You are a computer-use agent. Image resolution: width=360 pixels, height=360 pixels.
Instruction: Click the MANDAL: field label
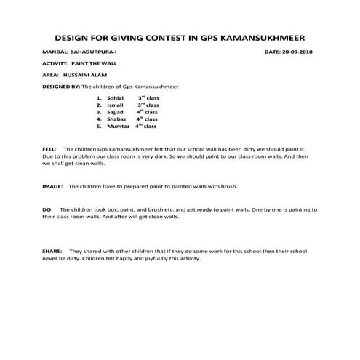[x=55, y=53]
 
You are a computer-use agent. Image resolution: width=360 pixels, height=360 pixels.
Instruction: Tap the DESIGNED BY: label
[x=62, y=86]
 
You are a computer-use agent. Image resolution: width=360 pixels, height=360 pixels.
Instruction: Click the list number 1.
[x=98, y=97]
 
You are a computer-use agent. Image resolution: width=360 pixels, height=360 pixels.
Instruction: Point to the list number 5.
[x=98, y=127]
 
